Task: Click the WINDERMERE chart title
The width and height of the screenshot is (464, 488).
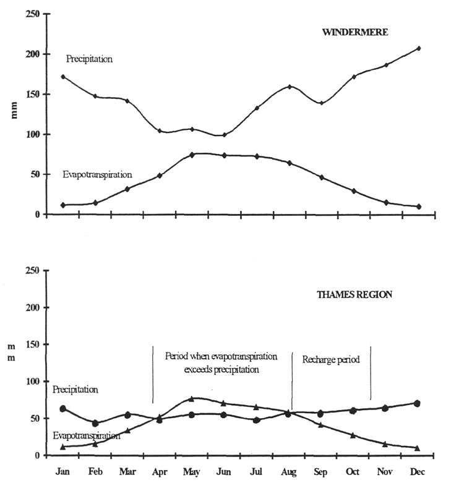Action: click(355, 32)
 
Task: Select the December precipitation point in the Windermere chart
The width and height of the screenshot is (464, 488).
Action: click(418, 48)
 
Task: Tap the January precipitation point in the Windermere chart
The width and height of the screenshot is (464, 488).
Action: click(63, 77)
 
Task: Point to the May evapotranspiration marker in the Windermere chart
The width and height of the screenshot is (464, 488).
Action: click(192, 155)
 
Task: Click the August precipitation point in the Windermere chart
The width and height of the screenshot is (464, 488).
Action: click(290, 87)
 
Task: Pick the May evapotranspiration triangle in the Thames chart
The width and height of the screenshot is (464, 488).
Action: click(192, 399)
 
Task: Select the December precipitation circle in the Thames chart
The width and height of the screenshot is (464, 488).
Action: click(418, 403)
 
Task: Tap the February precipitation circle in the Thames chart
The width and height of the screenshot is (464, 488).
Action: click(95, 424)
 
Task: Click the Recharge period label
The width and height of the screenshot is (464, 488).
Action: click(330, 359)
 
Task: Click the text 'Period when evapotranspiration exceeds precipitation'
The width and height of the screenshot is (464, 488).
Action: click(221, 363)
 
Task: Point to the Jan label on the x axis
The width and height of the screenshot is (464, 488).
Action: click(63, 472)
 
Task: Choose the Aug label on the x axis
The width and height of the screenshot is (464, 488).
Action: click(288, 472)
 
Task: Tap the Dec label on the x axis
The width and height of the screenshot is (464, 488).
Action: click(418, 472)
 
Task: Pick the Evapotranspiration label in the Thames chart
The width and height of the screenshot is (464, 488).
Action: click(86, 435)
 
